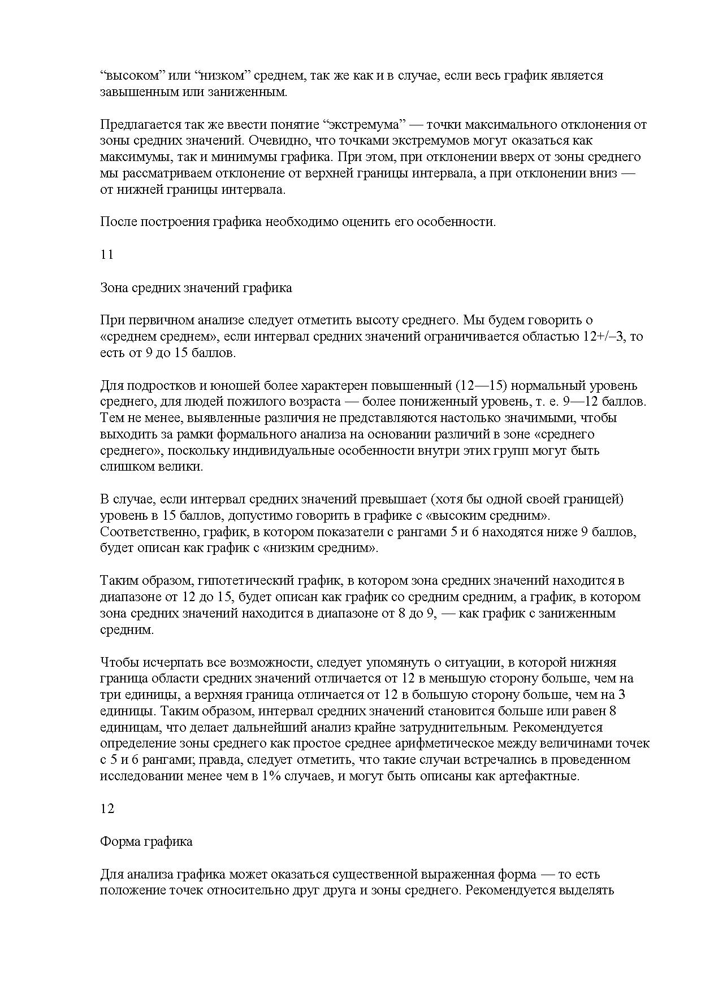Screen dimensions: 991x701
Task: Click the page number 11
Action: coord(107,255)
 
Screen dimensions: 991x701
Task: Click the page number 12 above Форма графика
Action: coord(107,809)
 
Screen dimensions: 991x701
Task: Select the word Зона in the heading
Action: coord(114,288)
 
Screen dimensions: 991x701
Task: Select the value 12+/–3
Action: coord(605,337)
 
